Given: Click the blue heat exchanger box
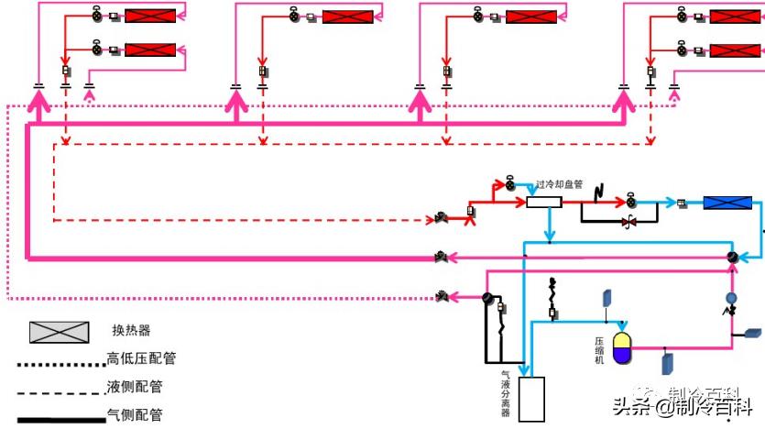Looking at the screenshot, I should [727, 203].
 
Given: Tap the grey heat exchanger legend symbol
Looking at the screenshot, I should [60, 333].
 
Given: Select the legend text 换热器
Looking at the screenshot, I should [130, 331].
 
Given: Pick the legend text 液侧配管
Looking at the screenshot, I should [132, 387].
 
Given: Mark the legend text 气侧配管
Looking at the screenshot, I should [132, 414].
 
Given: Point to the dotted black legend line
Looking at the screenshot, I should [60, 365].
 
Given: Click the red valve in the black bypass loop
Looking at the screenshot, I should [629, 223].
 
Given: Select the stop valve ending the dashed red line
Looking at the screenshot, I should [443, 220].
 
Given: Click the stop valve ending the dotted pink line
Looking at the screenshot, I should [443, 297].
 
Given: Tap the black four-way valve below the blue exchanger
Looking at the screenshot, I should [731, 258].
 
